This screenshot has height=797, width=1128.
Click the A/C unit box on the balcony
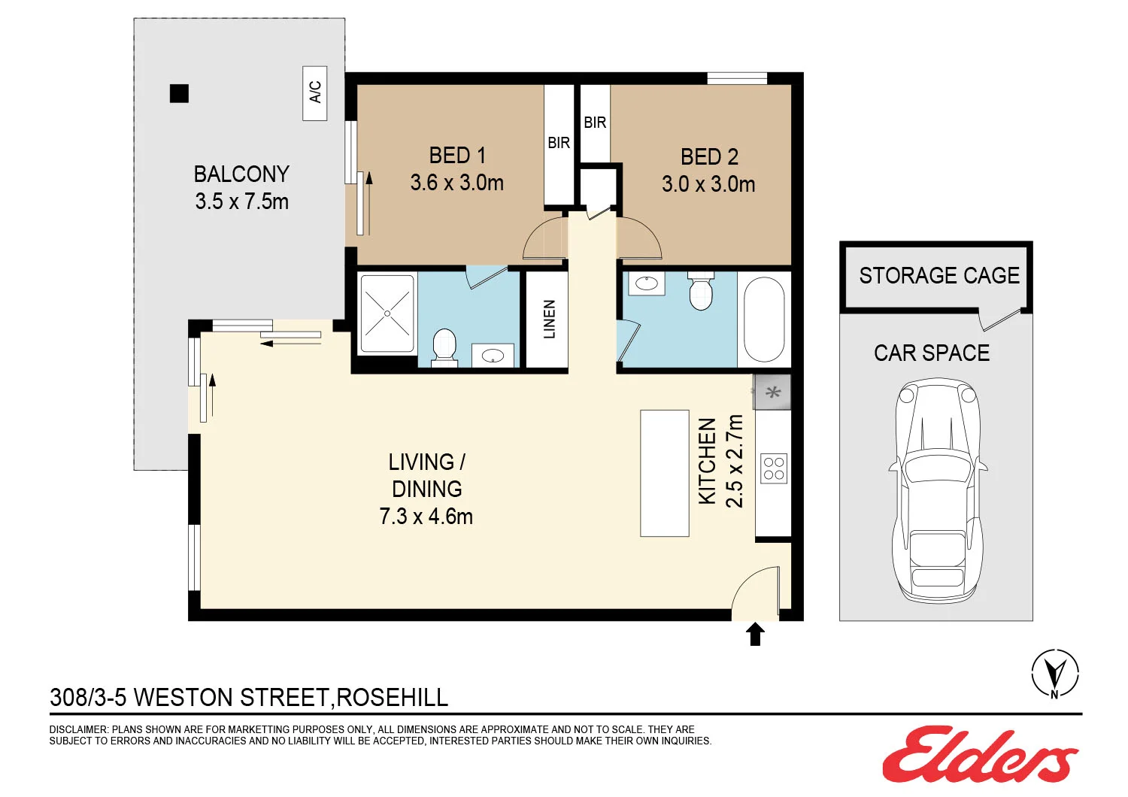click(x=315, y=92)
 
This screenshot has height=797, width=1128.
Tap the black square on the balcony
click(x=179, y=93)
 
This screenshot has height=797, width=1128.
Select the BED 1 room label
click(x=457, y=156)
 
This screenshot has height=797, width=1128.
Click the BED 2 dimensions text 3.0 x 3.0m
click(x=708, y=184)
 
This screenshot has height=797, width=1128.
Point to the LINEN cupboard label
click(x=549, y=320)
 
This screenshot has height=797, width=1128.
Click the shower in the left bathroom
click(x=387, y=314)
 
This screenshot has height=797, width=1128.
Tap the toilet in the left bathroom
click(x=444, y=347)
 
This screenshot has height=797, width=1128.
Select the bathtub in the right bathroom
click(x=763, y=320)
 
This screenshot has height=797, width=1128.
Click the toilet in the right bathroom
click(x=701, y=291)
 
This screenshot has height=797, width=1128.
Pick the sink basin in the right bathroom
click(x=647, y=284)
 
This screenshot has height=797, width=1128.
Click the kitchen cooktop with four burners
click(x=774, y=468)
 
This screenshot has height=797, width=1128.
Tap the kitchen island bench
click(x=665, y=473)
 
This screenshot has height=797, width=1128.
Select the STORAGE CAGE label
click(x=939, y=276)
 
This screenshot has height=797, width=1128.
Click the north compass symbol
click(x=1054, y=673)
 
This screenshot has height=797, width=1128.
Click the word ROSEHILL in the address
click(x=392, y=698)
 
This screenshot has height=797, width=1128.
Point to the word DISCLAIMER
click(x=79, y=729)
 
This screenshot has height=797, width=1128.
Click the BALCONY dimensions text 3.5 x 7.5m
click(x=241, y=202)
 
